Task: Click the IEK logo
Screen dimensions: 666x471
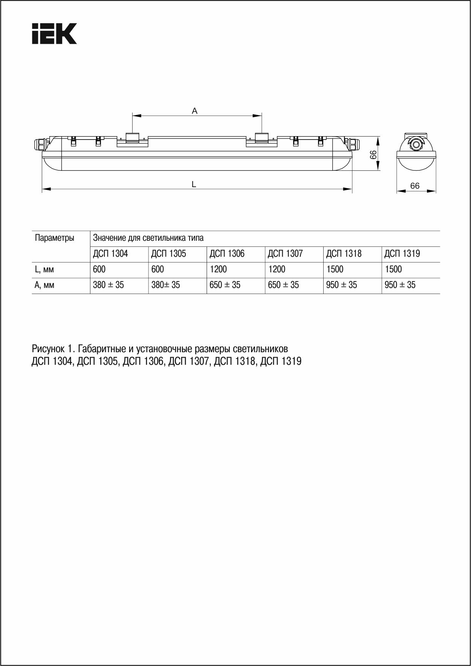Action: tap(54, 33)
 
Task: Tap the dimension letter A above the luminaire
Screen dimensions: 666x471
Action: tap(194, 111)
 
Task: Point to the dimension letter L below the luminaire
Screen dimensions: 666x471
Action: tap(194, 184)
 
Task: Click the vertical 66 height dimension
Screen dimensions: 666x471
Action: tap(373, 154)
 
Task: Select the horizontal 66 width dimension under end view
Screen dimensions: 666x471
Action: tap(415, 186)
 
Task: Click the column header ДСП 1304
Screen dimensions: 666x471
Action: tap(110, 254)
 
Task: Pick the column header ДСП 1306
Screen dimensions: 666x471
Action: tap(227, 254)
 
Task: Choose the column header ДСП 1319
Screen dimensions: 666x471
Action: tap(402, 254)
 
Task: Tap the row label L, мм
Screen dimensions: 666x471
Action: tap(44, 270)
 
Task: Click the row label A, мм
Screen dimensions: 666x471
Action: tap(44, 285)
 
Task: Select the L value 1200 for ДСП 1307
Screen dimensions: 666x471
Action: tap(277, 270)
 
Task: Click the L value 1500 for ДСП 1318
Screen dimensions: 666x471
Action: tap(335, 270)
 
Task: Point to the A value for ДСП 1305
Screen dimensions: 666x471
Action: tap(166, 285)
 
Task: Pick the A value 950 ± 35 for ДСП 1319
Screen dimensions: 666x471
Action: tap(400, 285)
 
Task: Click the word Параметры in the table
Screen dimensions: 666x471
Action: tap(54, 238)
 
